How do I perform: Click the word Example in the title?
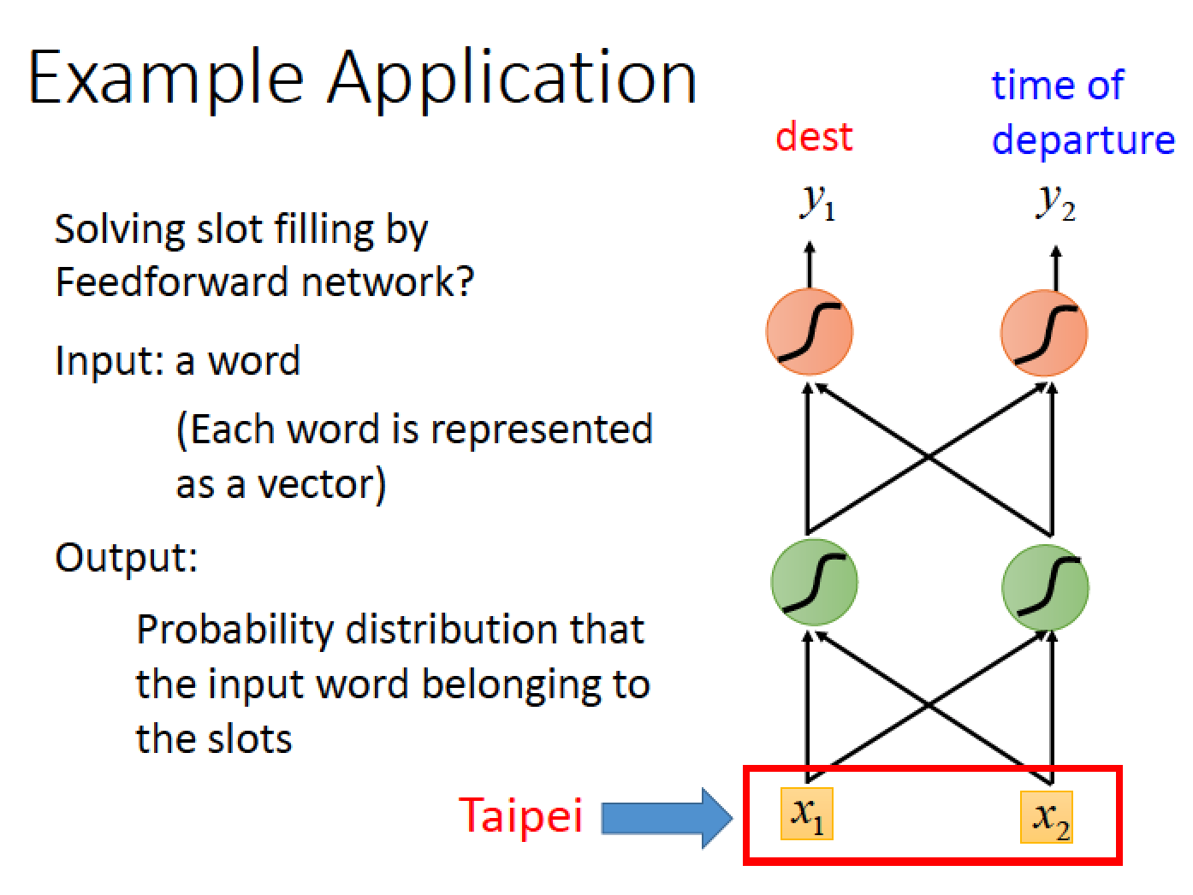click(166, 80)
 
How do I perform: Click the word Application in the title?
click(512, 80)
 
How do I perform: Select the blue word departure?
click(1083, 140)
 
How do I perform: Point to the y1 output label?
click(817, 204)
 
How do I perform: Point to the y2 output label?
click(1055, 204)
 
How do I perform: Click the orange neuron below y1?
click(810, 331)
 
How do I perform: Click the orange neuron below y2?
click(1044, 333)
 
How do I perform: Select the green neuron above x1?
click(814, 582)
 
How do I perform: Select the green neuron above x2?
click(1045, 587)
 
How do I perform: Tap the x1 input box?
click(806, 814)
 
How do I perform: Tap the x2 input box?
click(1047, 817)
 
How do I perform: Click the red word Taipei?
click(520, 816)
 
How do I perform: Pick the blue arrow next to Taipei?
click(667, 818)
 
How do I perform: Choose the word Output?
click(126, 558)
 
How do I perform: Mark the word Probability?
click(234, 631)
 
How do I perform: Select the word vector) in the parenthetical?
click(321, 484)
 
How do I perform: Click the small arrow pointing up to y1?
click(810, 264)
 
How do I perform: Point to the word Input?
click(110, 361)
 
